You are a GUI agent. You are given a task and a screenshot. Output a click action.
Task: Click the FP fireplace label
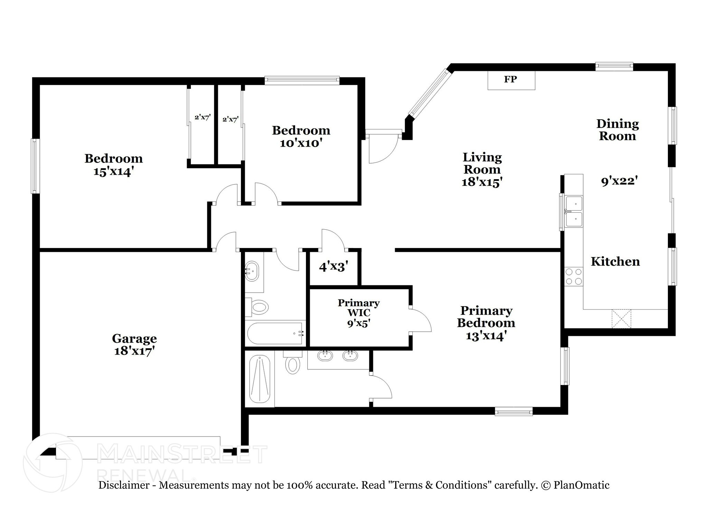coord(510,80)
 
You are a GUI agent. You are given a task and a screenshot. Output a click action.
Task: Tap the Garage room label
coord(134,338)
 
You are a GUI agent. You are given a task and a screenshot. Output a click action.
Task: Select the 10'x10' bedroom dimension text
coord(301,143)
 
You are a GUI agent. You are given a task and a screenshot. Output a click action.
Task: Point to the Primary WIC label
coord(358,307)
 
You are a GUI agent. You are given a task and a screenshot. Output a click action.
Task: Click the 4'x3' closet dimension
coord(333,267)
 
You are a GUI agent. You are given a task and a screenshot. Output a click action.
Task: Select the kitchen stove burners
coord(574,276)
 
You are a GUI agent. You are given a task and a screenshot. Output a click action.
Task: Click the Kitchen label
coord(615,261)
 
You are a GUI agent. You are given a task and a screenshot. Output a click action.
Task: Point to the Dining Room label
coord(617,130)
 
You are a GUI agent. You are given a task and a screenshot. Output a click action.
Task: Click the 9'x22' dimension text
coord(619,181)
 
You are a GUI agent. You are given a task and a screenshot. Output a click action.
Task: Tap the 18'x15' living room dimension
coord(482,182)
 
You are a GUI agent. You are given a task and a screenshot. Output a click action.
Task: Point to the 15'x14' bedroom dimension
coord(113,172)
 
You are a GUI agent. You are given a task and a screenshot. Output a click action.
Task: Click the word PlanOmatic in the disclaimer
coord(581,485)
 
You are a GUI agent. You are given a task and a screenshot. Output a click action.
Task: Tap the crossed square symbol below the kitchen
coord(621,319)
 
